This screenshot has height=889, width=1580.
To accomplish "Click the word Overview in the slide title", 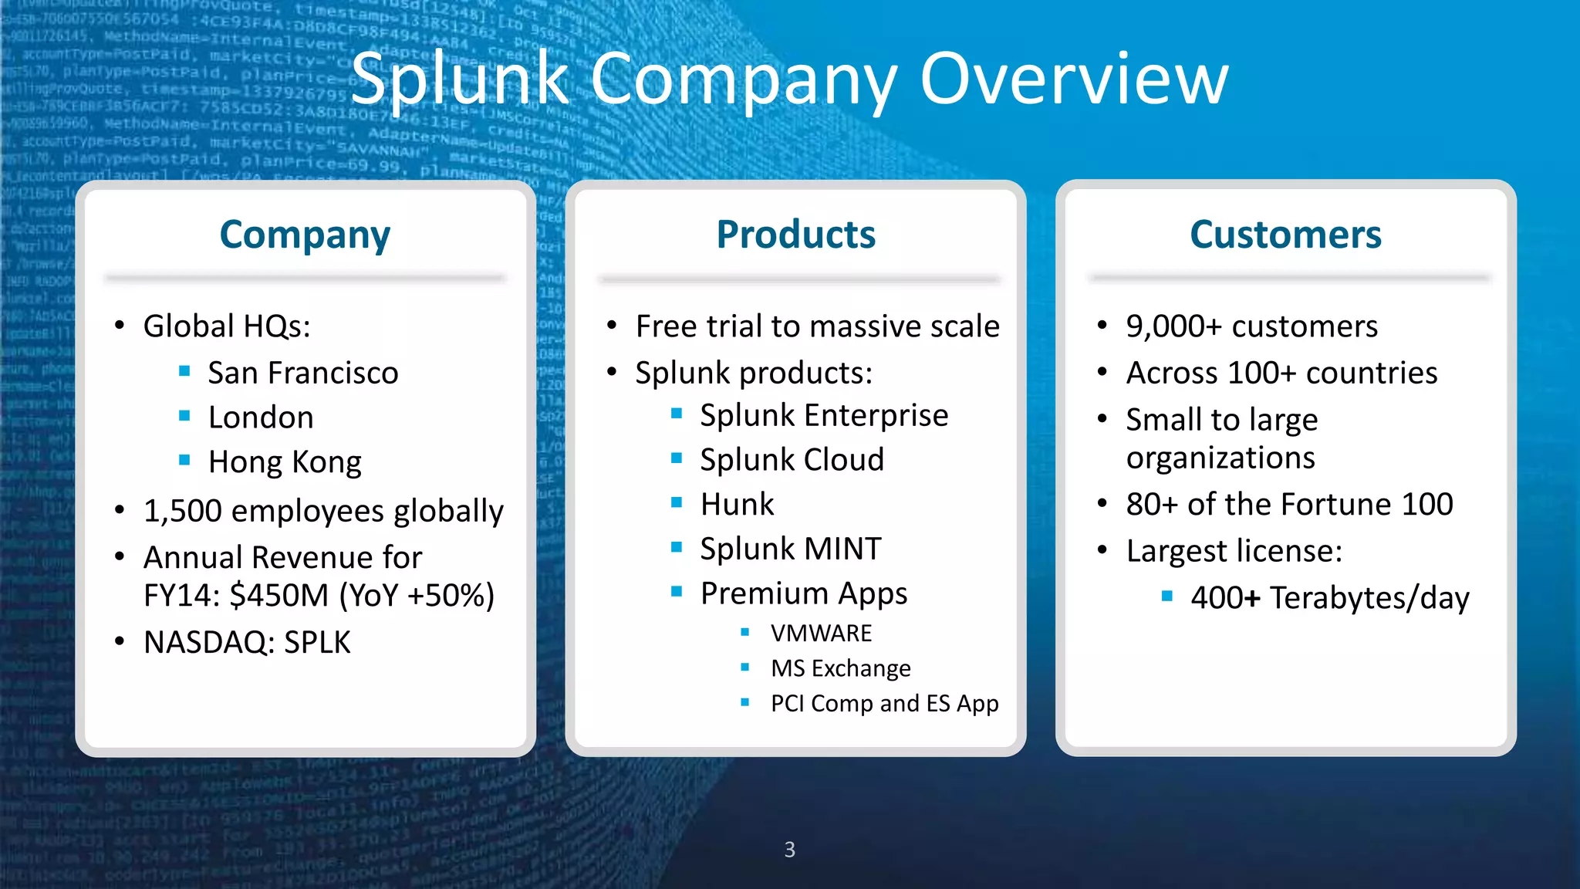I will pyautogui.click(x=1074, y=79).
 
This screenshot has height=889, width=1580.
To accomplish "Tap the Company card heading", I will pyautogui.click(x=305, y=235).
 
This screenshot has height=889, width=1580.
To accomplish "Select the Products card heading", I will pyautogui.click(x=795, y=235).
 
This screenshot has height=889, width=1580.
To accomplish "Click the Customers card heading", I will pyautogui.click(x=1285, y=235).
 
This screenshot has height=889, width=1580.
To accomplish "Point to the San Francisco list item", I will pyautogui.click(x=302, y=373).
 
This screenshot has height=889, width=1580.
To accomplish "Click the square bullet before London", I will pyautogui.click(x=184, y=416).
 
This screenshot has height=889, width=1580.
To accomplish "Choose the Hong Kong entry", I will pyautogui.click(x=284, y=462).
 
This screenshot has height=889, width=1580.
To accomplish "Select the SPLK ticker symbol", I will pyautogui.click(x=317, y=642).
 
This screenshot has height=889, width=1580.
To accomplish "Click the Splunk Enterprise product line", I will pyautogui.click(x=823, y=415).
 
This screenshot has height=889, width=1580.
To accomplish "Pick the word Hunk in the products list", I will pyautogui.click(x=737, y=505).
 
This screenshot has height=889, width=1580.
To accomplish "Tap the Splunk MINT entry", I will pyautogui.click(x=790, y=549).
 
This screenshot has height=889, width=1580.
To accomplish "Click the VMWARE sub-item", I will pyautogui.click(x=821, y=634).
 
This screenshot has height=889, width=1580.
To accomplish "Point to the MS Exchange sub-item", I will pyautogui.click(x=840, y=668).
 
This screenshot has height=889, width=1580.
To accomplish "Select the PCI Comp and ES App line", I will pyautogui.click(x=884, y=704).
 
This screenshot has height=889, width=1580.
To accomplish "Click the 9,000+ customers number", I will pyautogui.click(x=1173, y=326).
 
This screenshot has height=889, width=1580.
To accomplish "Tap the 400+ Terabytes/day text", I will pyautogui.click(x=1329, y=598).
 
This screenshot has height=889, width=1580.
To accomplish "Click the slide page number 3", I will pyautogui.click(x=789, y=850).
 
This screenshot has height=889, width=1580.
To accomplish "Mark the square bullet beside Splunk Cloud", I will pyautogui.click(x=677, y=458).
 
